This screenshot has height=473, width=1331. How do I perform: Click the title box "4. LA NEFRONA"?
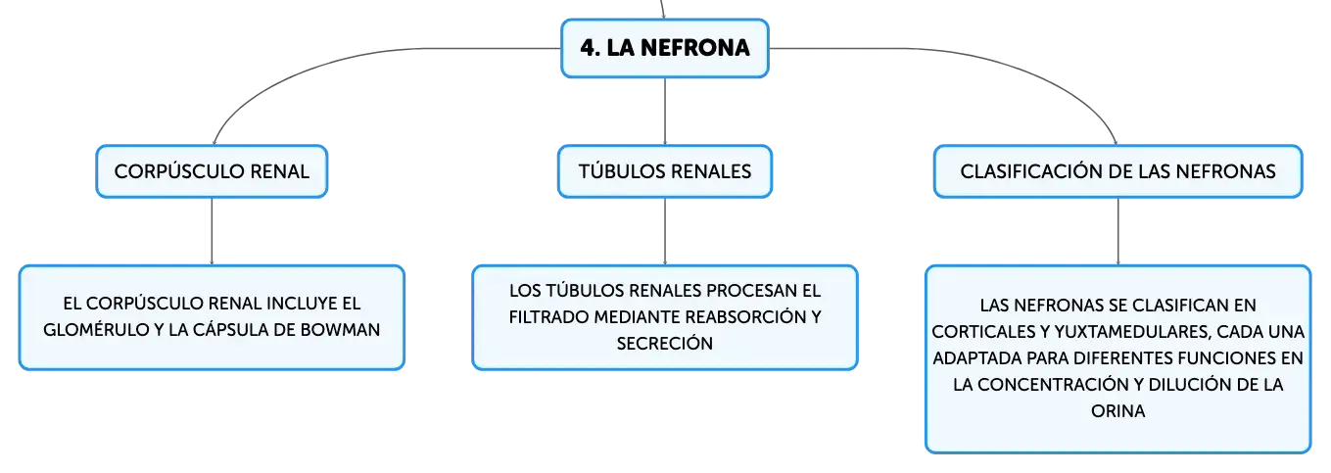click(x=665, y=48)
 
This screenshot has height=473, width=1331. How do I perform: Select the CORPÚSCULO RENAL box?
click(x=212, y=171)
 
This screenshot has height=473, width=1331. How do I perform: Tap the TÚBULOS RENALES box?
click(x=665, y=171)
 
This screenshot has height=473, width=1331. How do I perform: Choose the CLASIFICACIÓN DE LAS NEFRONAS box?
click(x=1117, y=171)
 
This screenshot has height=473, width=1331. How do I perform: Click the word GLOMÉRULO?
click(x=96, y=330)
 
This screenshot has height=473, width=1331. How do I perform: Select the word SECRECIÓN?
click(x=664, y=344)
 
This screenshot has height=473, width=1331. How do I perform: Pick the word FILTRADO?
click(x=548, y=316)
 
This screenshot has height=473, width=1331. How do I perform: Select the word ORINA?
click(x=1117, y=411)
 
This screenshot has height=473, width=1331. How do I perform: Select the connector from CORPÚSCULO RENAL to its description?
click(x=212, y=231)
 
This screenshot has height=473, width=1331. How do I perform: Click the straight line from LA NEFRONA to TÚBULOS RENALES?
click(x=665, y=111)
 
